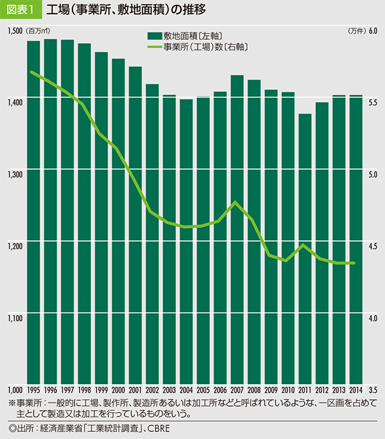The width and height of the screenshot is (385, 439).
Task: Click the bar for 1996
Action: tap(51, 212)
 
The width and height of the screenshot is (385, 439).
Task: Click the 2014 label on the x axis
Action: tap(355, 390)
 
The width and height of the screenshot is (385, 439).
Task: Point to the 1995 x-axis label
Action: tap(33, 390)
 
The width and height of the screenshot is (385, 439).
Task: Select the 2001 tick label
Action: tap(135, 390)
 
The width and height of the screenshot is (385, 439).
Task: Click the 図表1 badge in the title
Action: tap(21, 10)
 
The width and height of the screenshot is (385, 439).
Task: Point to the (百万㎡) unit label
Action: tap(37, 31)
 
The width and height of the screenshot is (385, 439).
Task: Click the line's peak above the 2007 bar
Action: tap(236, 202)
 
